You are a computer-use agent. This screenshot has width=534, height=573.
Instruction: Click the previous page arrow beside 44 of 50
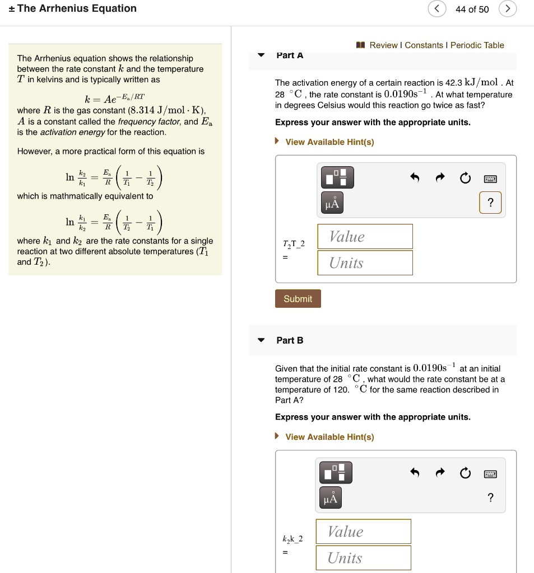pos(437,9)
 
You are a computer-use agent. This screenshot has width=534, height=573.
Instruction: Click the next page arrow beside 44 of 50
pos(507,9)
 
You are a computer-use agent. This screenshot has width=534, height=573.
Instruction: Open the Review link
pos(383,45)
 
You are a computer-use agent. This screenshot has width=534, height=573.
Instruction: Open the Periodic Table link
pos(477,45)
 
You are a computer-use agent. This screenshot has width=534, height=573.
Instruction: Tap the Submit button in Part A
pos(298,299)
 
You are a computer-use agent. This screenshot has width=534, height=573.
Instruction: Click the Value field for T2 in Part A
pos(365,237)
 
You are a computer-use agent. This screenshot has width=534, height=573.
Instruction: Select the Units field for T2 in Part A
pos(365,263)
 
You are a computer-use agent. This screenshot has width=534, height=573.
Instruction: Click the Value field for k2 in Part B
pos(363,532)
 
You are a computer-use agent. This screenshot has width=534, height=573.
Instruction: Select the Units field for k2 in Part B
pos(363,558)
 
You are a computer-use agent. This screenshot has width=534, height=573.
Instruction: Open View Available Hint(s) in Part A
pos(329,142)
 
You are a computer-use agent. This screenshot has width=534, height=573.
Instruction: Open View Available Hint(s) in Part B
pos(329,437)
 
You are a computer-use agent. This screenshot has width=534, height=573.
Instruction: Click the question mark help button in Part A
pos(491,203)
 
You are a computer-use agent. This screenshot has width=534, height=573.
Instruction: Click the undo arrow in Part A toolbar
pos(415,179)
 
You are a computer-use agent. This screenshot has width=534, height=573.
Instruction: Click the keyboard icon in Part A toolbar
pos(491,179)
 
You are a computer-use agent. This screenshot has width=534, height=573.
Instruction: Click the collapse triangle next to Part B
pos(261,340)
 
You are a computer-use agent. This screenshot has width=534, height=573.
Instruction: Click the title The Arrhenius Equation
pos(77,8)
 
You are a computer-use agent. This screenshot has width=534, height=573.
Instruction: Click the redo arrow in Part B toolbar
pos(440,473)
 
